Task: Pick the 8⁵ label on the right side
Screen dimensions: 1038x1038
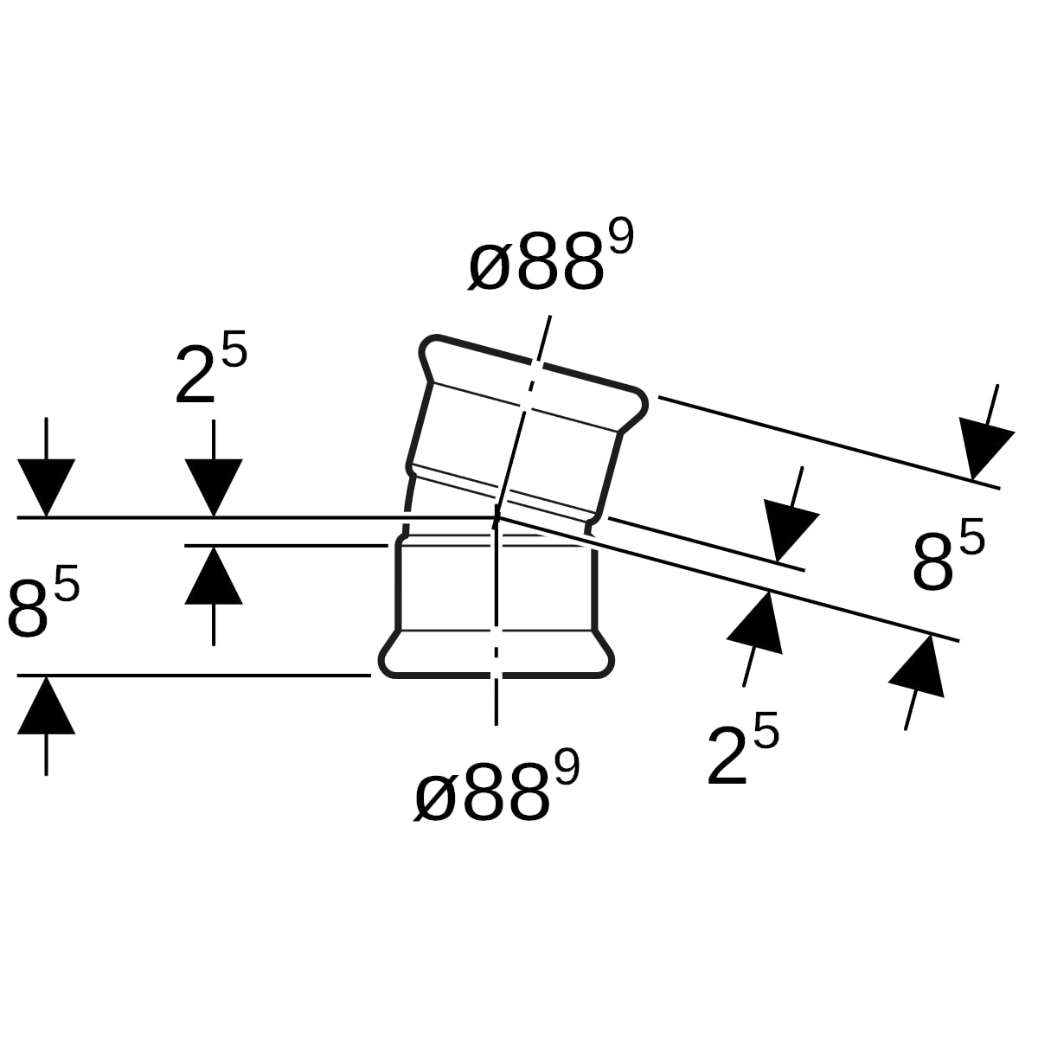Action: pyautogui.click(x=949, y=554)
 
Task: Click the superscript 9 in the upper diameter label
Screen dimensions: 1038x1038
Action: pyautogui.click(x=622, y=237)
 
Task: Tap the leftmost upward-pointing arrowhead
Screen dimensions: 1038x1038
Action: pyautogui.click(x=47, y=705)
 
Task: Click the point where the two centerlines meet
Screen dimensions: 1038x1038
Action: pyautogui.click(x=497, y=517)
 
